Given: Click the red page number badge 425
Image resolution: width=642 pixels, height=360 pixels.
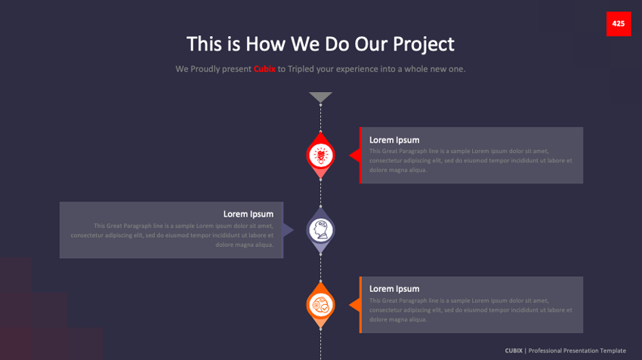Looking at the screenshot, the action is click(x=618, y=23).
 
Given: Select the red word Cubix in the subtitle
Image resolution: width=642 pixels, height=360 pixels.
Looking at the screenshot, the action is click(x=264, y=69).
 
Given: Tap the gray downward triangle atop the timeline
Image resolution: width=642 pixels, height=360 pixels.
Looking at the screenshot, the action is click(x=320, y=97).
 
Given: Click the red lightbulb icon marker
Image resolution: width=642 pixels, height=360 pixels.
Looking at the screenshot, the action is click(x=320, y=155).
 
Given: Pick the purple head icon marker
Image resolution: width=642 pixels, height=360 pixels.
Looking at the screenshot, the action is click(x=320, y=229).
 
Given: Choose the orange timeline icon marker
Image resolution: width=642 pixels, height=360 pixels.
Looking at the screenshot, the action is click(x=320, y=305).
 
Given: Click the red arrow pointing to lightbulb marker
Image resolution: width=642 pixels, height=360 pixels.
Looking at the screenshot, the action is click(x=353, y=155).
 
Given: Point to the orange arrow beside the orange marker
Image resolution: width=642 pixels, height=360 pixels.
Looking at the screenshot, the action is click(x=353, y=305).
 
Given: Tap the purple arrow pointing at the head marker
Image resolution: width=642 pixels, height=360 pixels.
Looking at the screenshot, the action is click(x=287, y=229).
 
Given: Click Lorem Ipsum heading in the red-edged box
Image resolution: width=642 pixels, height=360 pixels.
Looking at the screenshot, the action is click(x=394, y=140).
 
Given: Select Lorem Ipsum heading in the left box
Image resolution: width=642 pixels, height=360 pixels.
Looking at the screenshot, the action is click(x=248, y=214).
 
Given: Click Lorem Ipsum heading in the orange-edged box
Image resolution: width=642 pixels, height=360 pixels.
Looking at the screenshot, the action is click(x=394, y=288).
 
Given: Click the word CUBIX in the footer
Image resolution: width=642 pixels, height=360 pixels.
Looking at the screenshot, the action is click(x=514, y=350).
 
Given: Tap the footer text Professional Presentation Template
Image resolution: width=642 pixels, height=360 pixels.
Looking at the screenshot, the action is click(x=577, y=350).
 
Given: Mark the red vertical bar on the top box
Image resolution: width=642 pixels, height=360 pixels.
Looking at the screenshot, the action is click(x=360, y=155).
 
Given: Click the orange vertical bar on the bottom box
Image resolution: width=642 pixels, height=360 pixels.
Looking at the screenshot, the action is click(x=360, y=304).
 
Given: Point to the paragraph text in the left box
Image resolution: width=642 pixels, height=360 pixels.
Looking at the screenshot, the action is click(x=174, y=235).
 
